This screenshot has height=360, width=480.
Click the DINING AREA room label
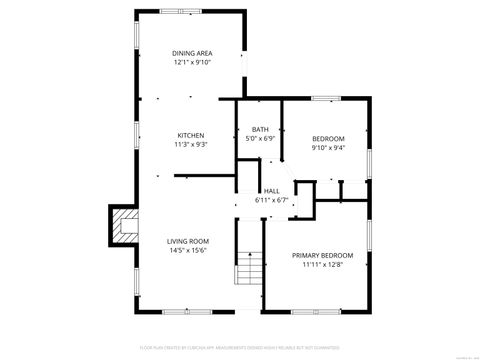191,53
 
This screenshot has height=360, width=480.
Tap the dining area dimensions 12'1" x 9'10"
191,63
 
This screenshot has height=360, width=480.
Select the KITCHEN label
191,135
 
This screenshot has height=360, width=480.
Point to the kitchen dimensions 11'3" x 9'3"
191,145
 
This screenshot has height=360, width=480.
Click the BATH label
260,129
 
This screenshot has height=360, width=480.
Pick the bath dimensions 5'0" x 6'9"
260,139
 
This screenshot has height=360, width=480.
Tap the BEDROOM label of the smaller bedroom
328,138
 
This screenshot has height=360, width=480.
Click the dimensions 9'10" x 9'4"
328,148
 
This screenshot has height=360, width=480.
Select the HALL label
271,190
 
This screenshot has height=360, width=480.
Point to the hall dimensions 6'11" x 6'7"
271,200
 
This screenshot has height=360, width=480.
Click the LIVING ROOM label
187,241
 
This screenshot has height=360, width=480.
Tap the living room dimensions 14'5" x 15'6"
187,251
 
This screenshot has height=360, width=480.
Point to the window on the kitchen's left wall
136,135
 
